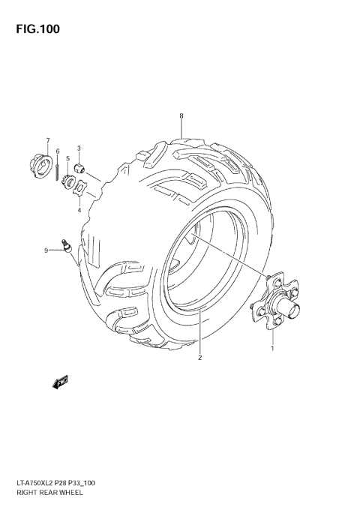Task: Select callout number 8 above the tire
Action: point(181,115)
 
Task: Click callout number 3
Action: point(67,159)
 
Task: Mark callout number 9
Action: point(46,250)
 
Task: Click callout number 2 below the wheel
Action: point(200,357)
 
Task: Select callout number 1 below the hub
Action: point(272,348)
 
